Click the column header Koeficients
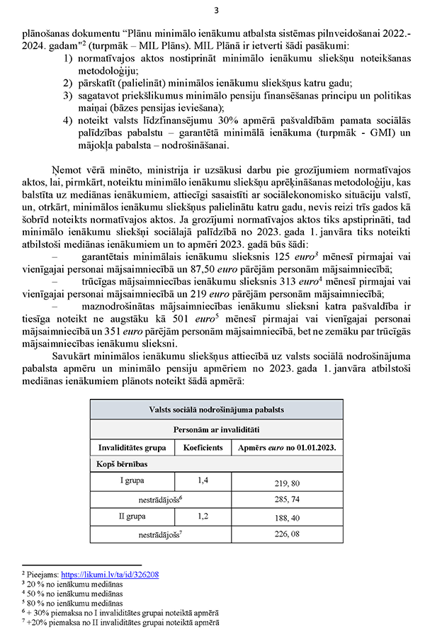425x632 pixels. click(x=203, y=448)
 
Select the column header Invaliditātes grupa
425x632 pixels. click(x=132, y=448)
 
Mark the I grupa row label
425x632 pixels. click(x=132, y=482)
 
